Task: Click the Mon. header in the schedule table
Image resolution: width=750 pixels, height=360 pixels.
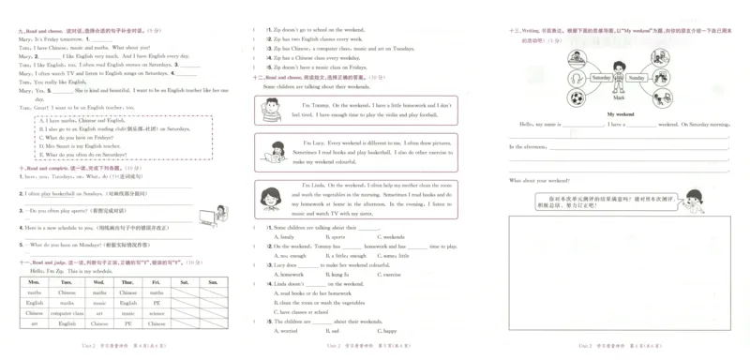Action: pos(35,281)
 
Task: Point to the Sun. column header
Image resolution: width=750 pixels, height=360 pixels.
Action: pos(213,281)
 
